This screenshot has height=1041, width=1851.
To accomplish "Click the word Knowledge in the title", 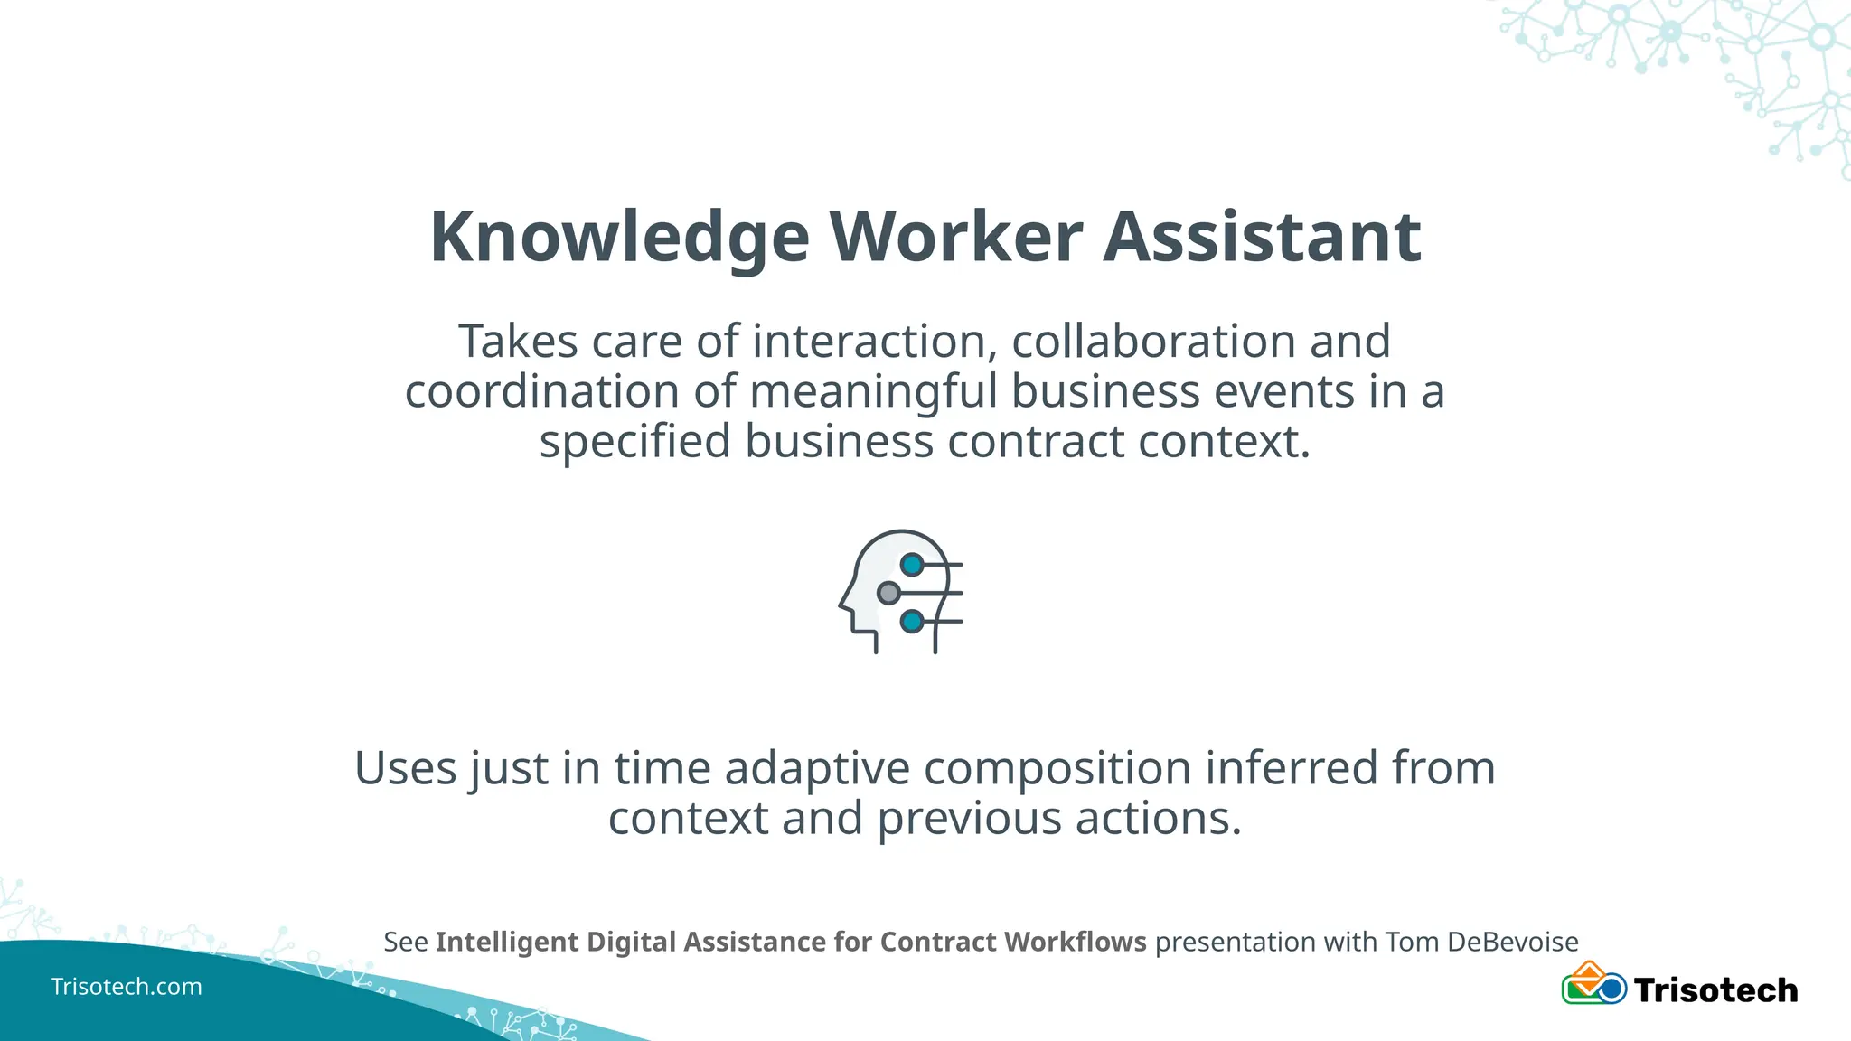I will pyautogui.click(x=619, y=237).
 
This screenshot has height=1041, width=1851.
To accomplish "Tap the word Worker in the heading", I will pyautogui.click(x=956, y=237).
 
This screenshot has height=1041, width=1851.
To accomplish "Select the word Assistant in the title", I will pyautogui.click(x=1262, y=237).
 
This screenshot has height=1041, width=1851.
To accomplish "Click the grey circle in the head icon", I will pyautogui.click(x=888, y=593).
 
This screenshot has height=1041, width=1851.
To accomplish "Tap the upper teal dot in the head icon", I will pyautogui.click(x=912, y=565).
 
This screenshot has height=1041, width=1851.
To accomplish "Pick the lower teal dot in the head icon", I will pyautogui.click(x=912, y=622).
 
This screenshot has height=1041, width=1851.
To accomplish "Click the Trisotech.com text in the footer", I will pyautogui.click(x=127, y=987).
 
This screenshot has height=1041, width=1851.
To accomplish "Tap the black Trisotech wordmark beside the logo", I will pyautogui.click(x=1715, y=990).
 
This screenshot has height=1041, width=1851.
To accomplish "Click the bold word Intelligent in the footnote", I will pyautogui.click(x=508, y=942).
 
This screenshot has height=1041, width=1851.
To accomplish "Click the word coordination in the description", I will pyautogui.click(x=541, y=392).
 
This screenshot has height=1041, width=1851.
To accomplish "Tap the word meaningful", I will pyautogui.click(x=873, y=392).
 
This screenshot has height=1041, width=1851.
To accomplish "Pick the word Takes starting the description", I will pyautogui.click(x=518, y=342).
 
